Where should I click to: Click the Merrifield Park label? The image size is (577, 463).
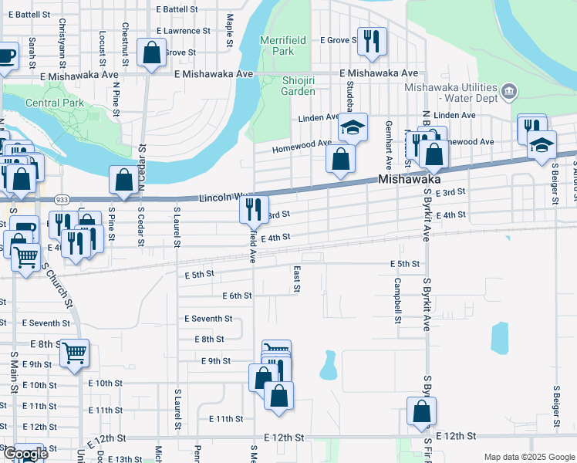pyautogui.click(x=277, y=45)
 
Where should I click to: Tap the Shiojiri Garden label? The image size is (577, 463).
pyautogui.click(x=287, y=85)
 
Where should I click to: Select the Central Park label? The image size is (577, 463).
pyautogui.click(x=53, y=103)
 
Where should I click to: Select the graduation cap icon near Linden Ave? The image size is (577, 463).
pyautogui.click(x=353, y=127)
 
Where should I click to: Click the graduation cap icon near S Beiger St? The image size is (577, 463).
pyautogui.click(x=542, y=144)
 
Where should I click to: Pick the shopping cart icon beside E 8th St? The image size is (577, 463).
pyautogui.click(x=74, y=353)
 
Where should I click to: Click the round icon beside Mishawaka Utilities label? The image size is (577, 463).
pyautogui.click(x=508, y=93)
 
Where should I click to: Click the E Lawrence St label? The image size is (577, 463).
pyautogui.click(x=182, y=31)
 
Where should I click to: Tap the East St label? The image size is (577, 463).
pyautogui.click(x=296, y=279)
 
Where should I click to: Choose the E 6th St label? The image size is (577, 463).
pyautogui.click(x=237, y=296)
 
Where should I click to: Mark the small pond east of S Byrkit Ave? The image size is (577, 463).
pyautogui.click(x=500, y=337)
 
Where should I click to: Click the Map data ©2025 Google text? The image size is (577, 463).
pyautogui.click(x=528, y=457)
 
